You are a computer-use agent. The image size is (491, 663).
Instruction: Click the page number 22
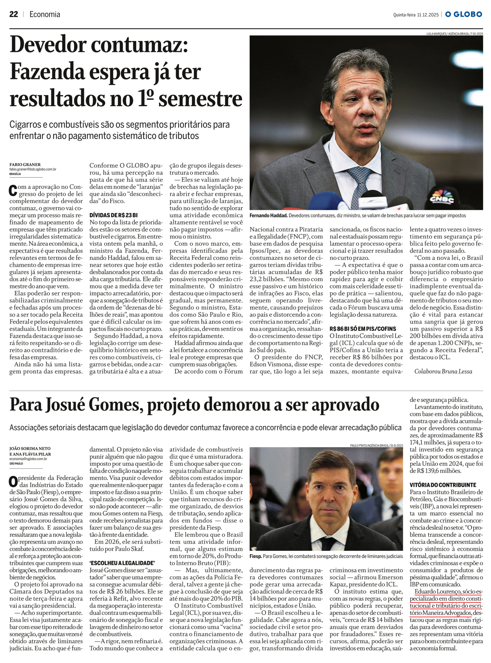pyautogui.click(x=14, y=14)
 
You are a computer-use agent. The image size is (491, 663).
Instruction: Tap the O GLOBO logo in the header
pyautogui.click(x=463, y=14)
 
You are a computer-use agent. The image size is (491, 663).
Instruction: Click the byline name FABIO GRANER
pyautogui.click(x=25, y=164)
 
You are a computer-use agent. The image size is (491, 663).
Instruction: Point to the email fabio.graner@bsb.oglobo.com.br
pyautogui.click(x=33, y=169)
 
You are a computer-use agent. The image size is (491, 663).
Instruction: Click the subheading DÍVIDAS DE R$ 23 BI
pyautogui.click(x=114, y=215)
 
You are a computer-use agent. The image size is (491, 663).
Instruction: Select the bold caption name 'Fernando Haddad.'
pyautogui.click(x=268, y=215)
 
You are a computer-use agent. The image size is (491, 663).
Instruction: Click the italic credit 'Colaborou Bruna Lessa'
pyautogui.click(x=443, y=371)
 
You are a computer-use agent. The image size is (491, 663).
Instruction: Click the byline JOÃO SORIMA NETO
pyautogui.click(x=30, y=448)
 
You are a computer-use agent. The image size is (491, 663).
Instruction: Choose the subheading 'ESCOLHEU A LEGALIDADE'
pyautogui.click(x=122, y=563)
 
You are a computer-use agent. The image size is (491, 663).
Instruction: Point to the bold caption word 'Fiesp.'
pyautogui.click(x=256, y=556)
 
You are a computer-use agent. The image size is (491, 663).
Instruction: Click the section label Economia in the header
pyautogui.click(x=44, y=14)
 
